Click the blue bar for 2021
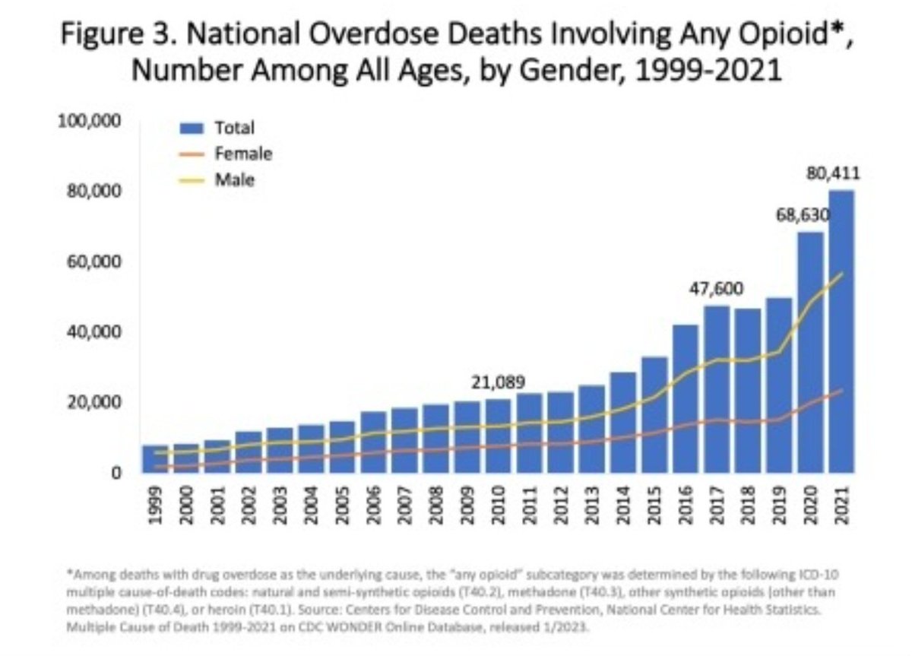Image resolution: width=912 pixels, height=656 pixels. tap(841, 331)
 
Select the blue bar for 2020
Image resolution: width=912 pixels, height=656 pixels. tap(810, 353)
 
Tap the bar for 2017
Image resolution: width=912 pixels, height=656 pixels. tap(717, 389)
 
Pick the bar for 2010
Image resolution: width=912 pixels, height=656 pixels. tap(498, 436)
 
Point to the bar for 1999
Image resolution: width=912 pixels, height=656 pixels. tap(155, 459)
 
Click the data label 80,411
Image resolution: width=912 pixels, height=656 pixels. tap(834, 174)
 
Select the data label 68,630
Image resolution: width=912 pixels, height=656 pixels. tap(803, 215)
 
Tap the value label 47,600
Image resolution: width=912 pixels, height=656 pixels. tap(716, 289)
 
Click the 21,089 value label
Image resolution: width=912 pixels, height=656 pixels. tap(499, 382)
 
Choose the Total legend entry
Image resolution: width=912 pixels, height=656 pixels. tap(217, 128)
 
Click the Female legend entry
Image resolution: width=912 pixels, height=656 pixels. tap(226, 154)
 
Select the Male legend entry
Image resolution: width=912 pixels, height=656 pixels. tap(217, 180)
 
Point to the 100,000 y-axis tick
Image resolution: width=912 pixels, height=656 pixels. tap(90, 121)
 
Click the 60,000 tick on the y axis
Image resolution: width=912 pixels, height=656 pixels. tap(94, 261)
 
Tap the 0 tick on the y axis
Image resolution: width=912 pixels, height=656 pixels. tap(116, 473)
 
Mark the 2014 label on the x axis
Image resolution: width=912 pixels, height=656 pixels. tap(623, 505)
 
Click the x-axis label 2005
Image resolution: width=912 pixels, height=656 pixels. tap(342, 505)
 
